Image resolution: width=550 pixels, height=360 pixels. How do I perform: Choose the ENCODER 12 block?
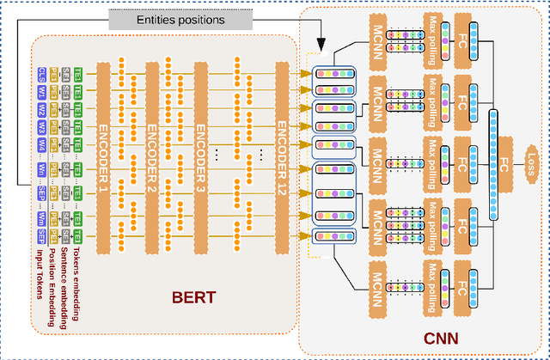tap(282, 149)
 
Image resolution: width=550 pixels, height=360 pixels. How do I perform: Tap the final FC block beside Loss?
tap(504, 160)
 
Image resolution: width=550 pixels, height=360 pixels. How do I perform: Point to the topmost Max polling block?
tap(431, 40)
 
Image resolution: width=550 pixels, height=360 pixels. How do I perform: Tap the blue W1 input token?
tap(42, 90)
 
